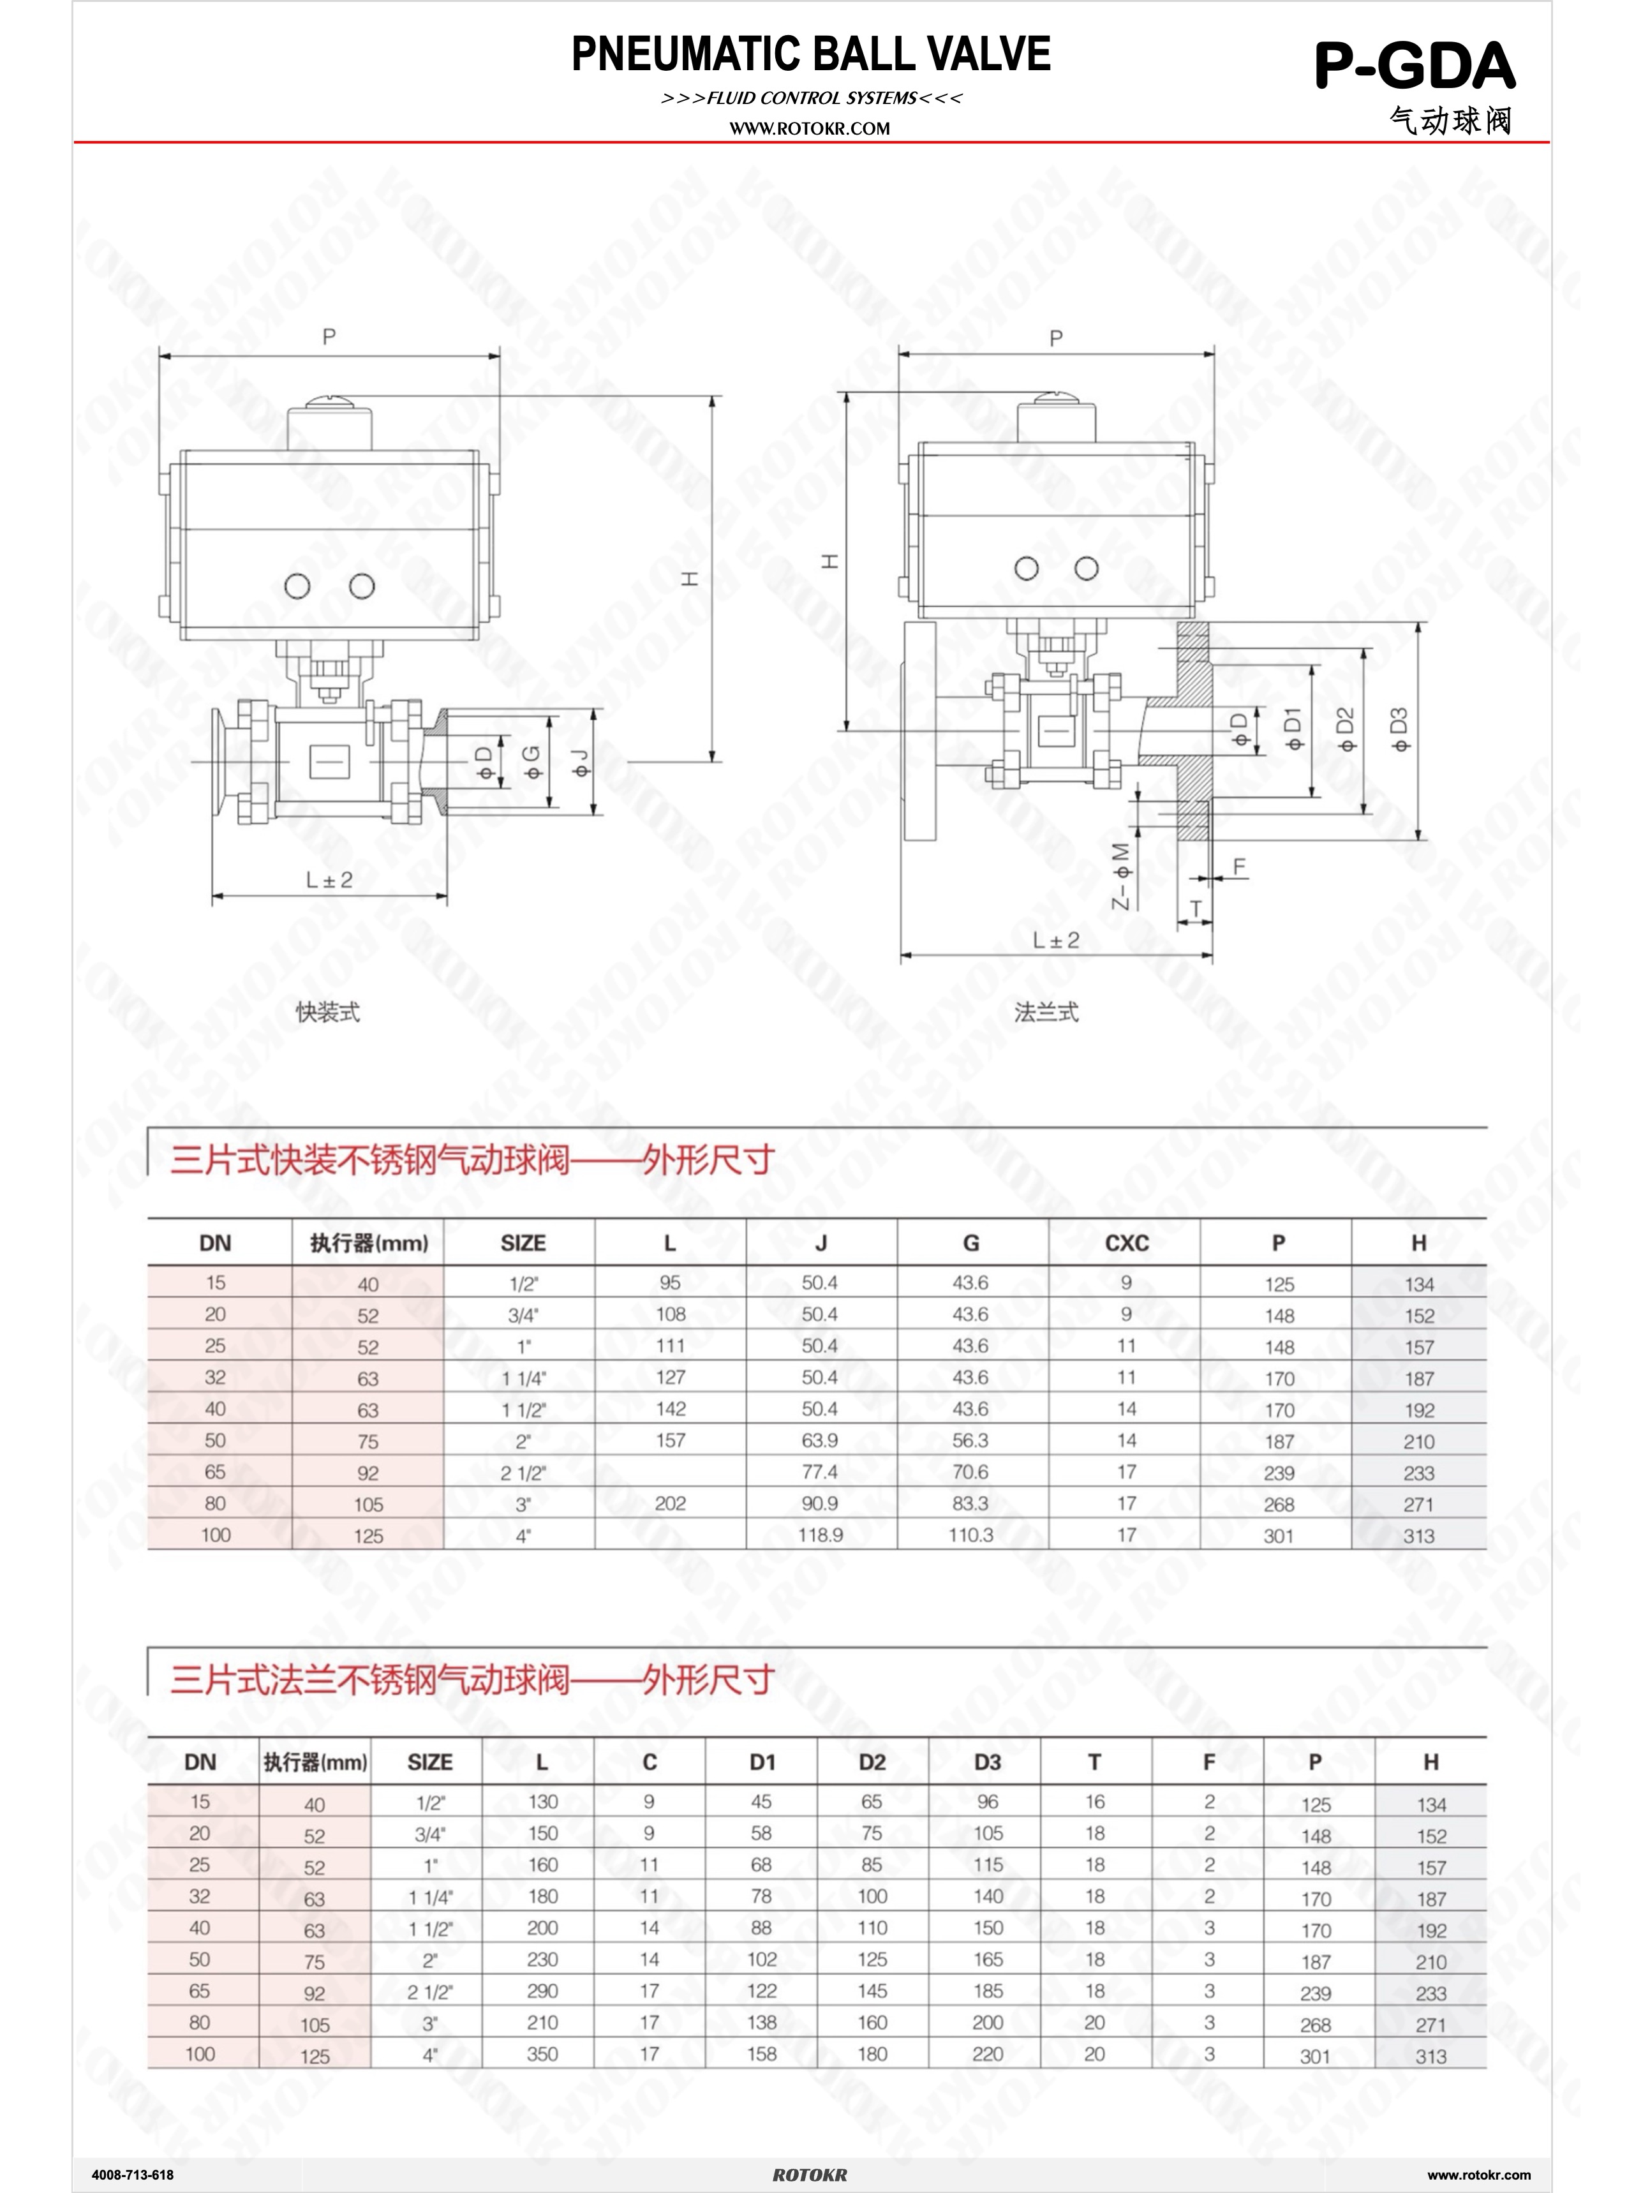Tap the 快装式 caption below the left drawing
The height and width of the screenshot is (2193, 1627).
[x=328, y=1011]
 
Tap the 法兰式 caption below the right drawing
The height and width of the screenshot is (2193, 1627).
[x=1046, y=1011]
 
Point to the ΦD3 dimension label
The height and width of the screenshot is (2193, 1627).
[x=1399, y=730]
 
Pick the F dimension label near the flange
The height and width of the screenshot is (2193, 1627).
[x=1239, y=866]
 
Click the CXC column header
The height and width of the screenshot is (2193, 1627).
[x=1127, y=1243]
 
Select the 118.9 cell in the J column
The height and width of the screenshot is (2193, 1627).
[x=821, y=1535]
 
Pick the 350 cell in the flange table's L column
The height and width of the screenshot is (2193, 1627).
[x=542, y=2053]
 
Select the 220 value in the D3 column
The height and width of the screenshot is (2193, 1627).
[x=987, y=2053]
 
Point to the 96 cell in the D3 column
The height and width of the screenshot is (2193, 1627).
[x=987, y=1801]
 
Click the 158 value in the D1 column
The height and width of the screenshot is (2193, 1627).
[x=761, y=2053]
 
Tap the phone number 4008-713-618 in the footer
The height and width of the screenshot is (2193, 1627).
[x=132, y=2174]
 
